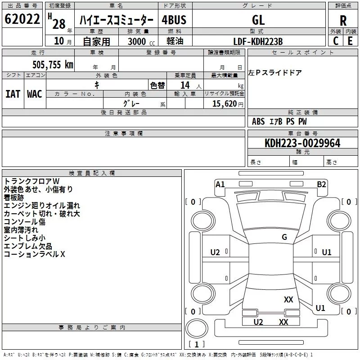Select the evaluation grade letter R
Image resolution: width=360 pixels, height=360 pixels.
tap(343, 21)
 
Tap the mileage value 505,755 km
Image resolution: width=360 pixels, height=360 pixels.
tap(53, 65)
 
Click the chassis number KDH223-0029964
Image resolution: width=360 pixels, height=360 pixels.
tap(302, 144)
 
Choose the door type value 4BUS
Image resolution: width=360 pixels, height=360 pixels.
tap(174, 20)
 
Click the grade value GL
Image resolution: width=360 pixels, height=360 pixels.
tap(259, 20)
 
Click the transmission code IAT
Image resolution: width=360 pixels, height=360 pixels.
tap(13, 94)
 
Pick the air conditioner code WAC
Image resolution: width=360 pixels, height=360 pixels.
tap(34, 94)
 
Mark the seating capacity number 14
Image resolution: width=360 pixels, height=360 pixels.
tap(184, 85)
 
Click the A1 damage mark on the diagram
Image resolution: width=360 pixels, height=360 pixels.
tap(220, 184)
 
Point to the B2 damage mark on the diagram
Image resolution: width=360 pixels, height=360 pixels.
tap(321, 184)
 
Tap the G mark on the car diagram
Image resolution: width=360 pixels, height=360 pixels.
tap(284, 237)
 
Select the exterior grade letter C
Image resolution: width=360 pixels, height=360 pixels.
tap(335, 41)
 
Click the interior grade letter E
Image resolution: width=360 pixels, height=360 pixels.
tap(350, 41)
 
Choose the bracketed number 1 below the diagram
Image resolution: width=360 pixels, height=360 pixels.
tap(196, 344)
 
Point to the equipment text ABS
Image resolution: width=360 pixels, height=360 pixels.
tap(258, 121)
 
